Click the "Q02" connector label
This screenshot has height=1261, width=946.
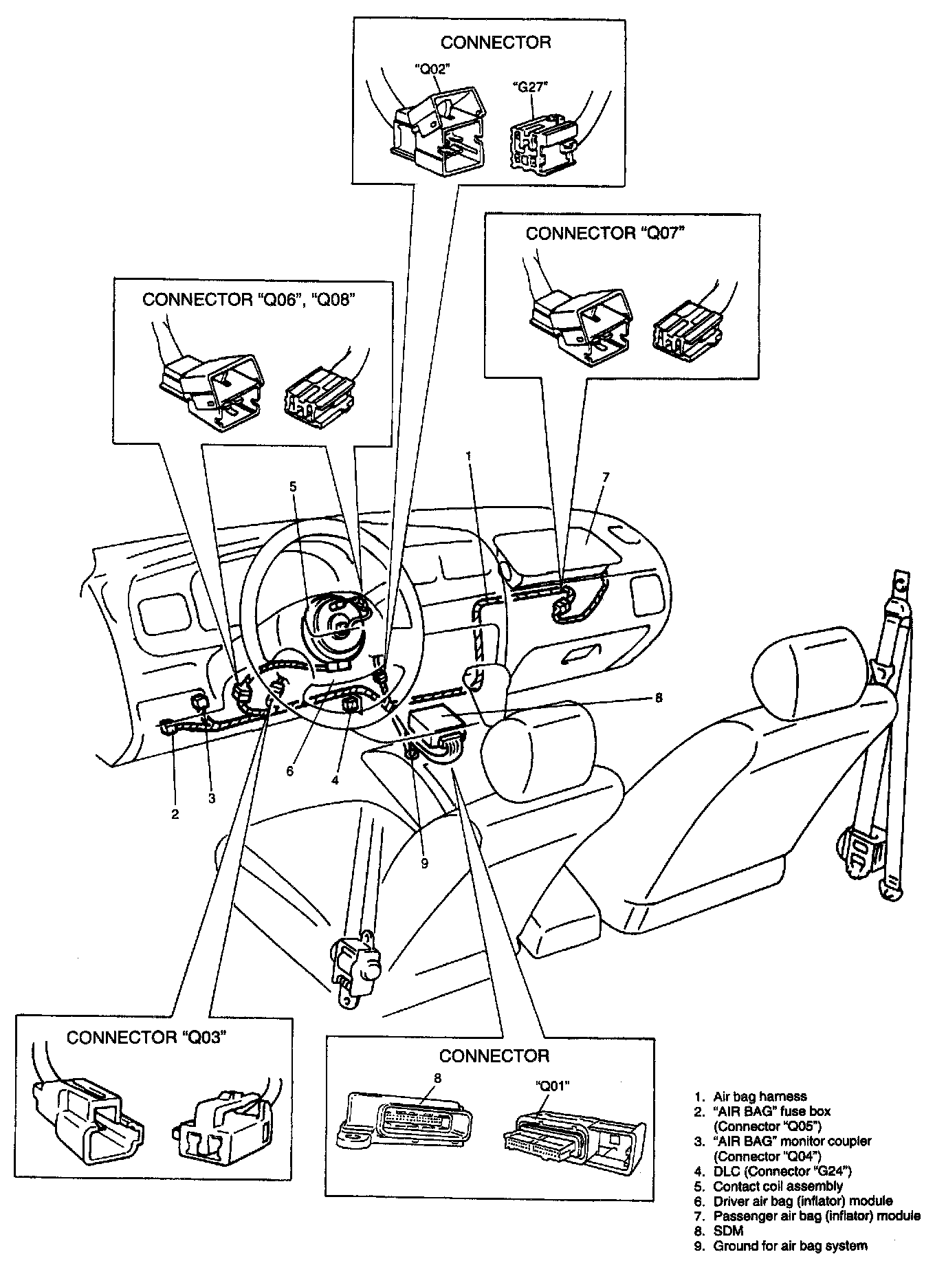click(x=431, y=69)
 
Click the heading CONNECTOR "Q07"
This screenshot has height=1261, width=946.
click(x=606, y=233)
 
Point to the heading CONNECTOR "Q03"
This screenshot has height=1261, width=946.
click(x=146, y=1037)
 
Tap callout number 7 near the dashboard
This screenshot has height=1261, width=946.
click(x=605, y=477)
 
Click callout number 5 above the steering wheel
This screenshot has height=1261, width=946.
click(x=293, y=486)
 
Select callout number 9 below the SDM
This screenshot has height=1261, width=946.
click(x=424, y=863)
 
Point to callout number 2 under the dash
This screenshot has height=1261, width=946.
click(x=175, y=814)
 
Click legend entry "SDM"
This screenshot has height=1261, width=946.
click(x=728, y=1231)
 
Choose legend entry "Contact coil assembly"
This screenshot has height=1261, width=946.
click(x=778, y=1186)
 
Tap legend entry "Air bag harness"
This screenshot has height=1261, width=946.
click(x=760, y=1097)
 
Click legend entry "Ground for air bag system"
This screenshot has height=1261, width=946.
click(x=790, y=1246)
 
